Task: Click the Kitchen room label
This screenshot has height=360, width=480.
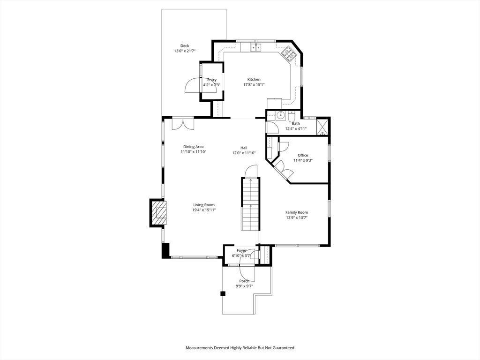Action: coord(254,80)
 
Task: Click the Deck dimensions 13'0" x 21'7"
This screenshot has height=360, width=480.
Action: coord(185,51)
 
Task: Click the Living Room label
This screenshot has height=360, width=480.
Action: coord(204,205)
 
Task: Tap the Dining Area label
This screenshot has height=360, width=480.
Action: coord(193,147)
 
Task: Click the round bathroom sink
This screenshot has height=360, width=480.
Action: coord(280,116)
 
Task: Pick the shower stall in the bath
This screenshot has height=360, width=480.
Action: coord(322,127)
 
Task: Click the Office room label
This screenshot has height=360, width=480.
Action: coord(303,155)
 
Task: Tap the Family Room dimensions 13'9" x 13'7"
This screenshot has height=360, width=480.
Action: coord(297,217)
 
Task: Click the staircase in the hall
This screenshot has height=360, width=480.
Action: coord(251,204)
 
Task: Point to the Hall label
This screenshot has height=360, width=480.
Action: coord(244,148)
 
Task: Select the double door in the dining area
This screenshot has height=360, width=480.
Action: coord(183,124)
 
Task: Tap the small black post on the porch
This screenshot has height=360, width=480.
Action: coord(223,293)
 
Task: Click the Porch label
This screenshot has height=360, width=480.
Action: coord(244,281)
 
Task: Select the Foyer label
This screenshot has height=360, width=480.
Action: coord(241,250)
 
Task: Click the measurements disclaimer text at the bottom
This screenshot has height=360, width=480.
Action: coord(240,348)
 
